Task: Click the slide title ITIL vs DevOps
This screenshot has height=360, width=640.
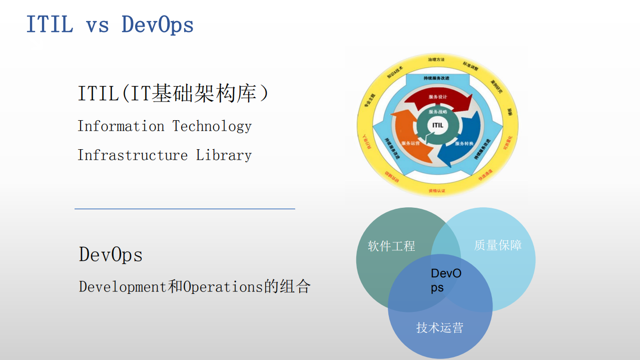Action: [x=110, y=25]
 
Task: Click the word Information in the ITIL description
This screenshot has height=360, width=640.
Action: [x=121, y=126]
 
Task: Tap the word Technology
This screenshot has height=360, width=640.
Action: [x=212, y=126]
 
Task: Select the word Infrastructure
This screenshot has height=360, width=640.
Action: [x=133, y=155]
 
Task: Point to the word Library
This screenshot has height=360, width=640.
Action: [x=224, y=155]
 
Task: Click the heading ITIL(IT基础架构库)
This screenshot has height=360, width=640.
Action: [x=173, y=94]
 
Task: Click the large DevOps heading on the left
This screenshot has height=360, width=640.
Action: [x=111, y=255]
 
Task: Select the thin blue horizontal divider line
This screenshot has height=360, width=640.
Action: [x=185, y=209]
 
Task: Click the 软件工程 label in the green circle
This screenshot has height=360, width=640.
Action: [x=391, y=246]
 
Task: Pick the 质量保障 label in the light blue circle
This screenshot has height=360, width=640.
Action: [x=498, y=245]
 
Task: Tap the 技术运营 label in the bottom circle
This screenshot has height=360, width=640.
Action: [x=440, y=328]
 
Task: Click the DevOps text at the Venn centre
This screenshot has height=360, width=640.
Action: [x=445, y=280]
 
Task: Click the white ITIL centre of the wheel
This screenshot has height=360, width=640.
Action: [x=437, y=125]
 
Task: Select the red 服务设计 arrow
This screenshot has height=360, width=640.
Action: [x=438, y=97]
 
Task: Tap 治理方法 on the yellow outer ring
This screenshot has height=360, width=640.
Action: [x=436, y=60]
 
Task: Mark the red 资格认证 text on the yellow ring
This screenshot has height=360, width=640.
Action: [x=436, y=191]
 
